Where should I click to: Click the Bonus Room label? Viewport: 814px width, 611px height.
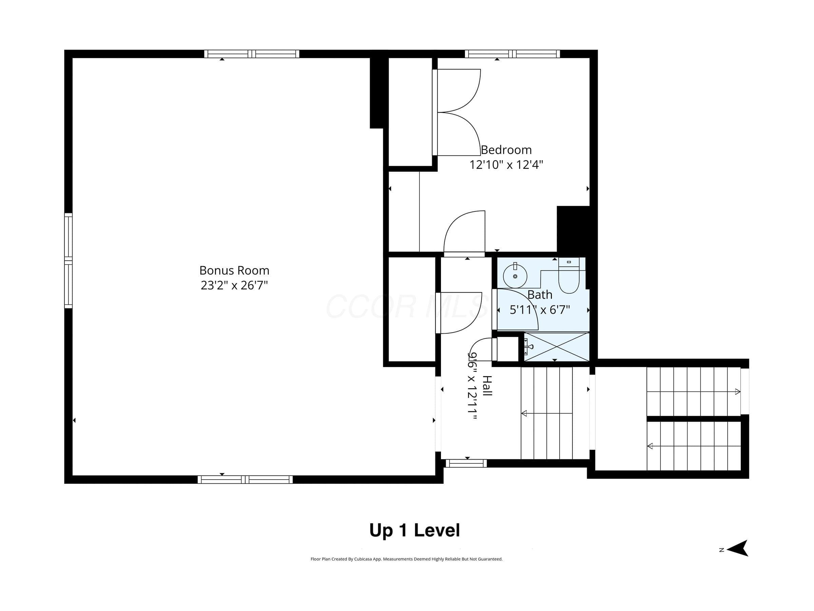point(234,271)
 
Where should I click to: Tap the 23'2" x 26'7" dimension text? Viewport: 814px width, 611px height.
point(234,285)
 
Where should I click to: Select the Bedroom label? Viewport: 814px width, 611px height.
point(506,150)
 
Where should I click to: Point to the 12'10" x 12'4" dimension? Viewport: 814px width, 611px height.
point(506,165)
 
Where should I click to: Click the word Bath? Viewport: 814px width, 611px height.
point(540,295)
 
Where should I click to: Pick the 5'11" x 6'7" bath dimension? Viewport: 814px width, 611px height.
point(540,310)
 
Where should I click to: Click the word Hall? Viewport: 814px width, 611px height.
point(487,386)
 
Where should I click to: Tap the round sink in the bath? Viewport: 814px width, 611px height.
point(515,276)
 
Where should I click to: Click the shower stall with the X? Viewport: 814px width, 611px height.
point(557,347)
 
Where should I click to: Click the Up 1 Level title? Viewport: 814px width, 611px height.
point(415,531)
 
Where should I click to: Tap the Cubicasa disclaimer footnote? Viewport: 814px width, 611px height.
point(407,559)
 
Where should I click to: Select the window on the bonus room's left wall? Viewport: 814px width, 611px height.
point(69,260)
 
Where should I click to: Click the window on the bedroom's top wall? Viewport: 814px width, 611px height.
point(512,54)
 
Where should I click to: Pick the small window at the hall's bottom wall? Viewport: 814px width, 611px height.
point(466,463)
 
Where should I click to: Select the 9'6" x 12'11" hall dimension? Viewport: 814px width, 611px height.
point(472,386)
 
